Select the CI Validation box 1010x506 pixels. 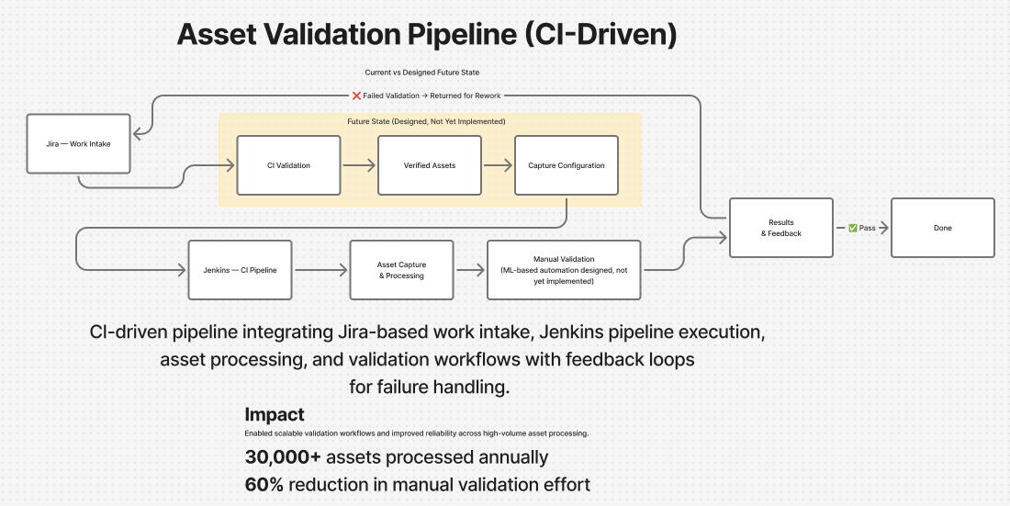tap(288, 165)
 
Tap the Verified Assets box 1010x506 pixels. tap(429, 165)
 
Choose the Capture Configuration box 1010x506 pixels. tap(567, 165)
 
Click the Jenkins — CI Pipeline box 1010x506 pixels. tap(240, 270)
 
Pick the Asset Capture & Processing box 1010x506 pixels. tap(401, 270)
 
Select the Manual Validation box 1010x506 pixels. tap(564, 270)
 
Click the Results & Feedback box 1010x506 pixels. tap(780, 228)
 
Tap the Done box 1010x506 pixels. tap(942, 228)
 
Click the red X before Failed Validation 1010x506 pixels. tap(356, 96)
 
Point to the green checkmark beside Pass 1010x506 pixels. tap(853, 228)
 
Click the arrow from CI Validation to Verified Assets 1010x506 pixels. tap(359, 165)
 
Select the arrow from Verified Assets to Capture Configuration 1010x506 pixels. tap(498, 165)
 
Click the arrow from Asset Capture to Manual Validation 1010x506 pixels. tap(470, 270)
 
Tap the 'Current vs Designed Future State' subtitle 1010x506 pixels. tap(422, 72)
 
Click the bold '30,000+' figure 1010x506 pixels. tap(283, 456)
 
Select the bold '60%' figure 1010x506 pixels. tap(264, 484)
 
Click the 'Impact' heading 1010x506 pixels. tap(274, 414)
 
